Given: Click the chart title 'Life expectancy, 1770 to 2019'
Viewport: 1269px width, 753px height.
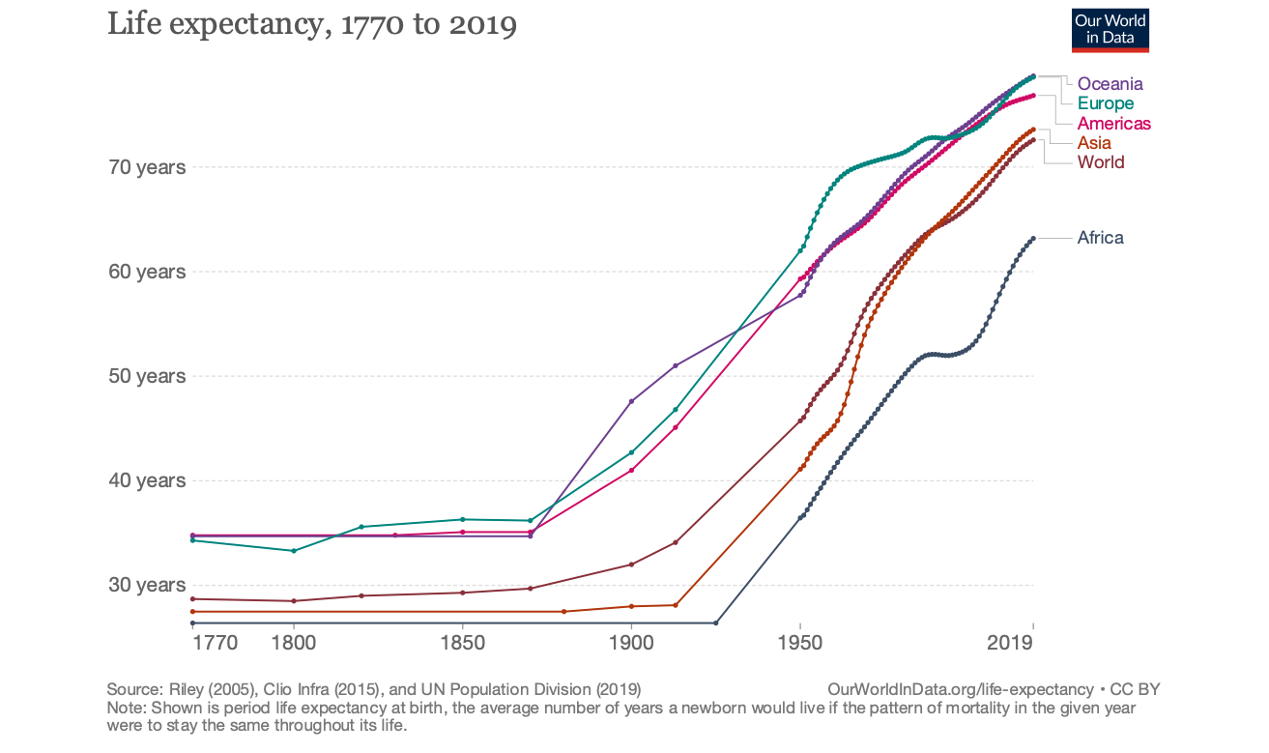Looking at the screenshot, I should point(311,24).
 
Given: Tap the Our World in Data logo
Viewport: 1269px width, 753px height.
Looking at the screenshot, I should point(1110,30).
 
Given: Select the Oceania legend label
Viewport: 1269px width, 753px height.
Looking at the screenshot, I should point(1110,84).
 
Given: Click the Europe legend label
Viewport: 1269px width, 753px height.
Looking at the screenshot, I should point(1106,103).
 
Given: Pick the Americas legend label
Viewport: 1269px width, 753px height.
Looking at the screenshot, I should point(1113,124).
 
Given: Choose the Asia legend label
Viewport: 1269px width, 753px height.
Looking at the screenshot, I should point(1094,143).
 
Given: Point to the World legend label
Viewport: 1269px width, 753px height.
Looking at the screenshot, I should point(1101,162).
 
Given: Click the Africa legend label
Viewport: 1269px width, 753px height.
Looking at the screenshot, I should point(1100,238).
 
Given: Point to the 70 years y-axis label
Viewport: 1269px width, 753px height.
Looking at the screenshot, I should point(147,167).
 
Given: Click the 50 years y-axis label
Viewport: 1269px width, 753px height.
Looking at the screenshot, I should point(147,376).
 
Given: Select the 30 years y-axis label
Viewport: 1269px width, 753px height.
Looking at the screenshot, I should point(147,585).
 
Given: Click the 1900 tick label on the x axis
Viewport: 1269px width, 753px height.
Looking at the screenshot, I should point(631,644).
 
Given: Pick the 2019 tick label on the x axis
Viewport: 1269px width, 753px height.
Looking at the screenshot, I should point(1011,644).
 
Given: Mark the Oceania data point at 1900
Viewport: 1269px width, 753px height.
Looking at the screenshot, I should point(631,401).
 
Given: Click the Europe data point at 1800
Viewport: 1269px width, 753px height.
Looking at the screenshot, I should point(294,551).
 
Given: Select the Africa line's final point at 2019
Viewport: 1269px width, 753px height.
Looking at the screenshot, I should point(1033,238).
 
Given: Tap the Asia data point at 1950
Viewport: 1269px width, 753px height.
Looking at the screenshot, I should point(799,470).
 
